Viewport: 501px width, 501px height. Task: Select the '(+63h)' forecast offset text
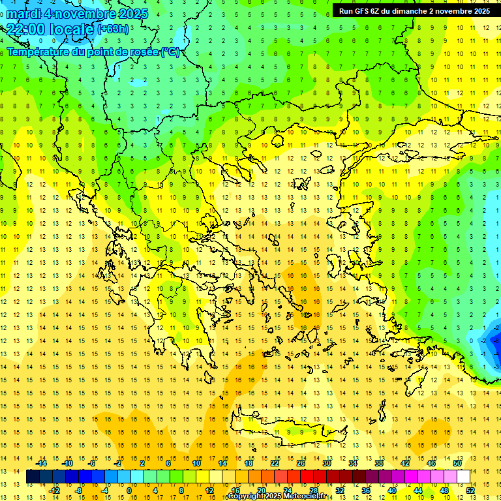[113, 29]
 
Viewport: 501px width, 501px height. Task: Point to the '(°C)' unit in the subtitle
[170, 52]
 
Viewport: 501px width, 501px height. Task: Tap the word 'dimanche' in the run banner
[408, 11]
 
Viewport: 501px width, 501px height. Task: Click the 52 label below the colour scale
[470, 491]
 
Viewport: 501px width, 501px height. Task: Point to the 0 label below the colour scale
[129, 491]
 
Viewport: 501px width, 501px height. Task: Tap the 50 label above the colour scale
[457, 463]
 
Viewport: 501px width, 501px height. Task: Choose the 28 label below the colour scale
[314, 491]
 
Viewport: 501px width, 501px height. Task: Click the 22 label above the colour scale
[275, 463]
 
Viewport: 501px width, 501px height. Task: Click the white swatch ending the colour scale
[464, 477]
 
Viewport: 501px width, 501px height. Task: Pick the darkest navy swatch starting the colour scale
[33, 477]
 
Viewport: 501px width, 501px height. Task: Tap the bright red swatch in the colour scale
[307, 477]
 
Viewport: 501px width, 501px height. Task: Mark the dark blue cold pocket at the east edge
[494, 339]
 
